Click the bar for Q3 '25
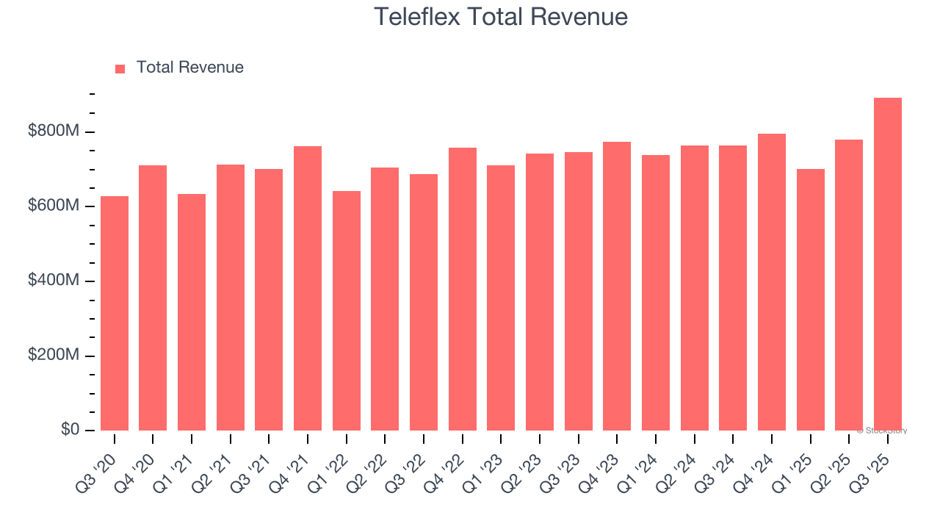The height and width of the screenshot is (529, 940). [887, 264]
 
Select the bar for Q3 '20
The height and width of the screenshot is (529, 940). [115, 314]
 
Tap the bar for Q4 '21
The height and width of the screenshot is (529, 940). [308, 289]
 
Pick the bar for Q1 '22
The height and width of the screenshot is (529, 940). [347, 311]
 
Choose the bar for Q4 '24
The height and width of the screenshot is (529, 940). [771, 282]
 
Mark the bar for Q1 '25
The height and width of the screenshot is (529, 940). [810, 300]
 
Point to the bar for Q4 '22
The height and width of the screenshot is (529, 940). [463, 289]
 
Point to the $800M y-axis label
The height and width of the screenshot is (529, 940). [54, 132]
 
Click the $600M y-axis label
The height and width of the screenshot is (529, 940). [54, 206]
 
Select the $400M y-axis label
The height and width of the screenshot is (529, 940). [54, 281]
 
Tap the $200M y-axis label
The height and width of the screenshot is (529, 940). [54, 356]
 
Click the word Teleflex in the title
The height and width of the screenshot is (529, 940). [416, 17]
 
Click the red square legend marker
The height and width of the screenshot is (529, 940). [120, 69]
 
